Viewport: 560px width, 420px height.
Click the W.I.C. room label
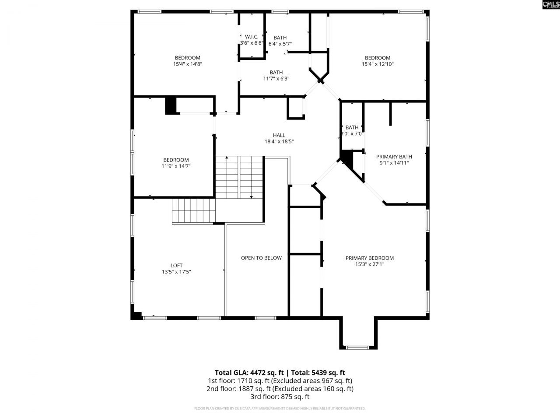click(x=252, y=37)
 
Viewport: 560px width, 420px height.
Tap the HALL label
click(x=279, y=135)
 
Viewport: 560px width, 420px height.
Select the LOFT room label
click(x=176, y=266)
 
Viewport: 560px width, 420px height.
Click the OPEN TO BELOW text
click(x=261, y=258)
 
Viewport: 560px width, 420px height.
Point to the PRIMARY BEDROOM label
click(x=370, y=258)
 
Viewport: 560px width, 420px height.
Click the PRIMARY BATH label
click(x=394, y=157)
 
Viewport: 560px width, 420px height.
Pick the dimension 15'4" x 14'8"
click(x=187, y=64)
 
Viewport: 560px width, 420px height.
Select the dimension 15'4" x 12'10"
click(x=378, y=64)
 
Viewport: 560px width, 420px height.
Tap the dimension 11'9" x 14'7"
click(x=176, y=166)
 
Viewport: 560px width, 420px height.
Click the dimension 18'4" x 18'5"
click(x=279, y=142)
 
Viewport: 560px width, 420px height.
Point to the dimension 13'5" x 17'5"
click(x=176, y=272)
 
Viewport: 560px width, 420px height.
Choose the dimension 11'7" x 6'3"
click(x=276, y=79)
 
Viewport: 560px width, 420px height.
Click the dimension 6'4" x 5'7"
click(x=280, y=44)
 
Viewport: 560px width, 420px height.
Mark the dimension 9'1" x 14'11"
click(x=394, y=163)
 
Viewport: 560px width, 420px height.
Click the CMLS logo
click(x=550, y=5)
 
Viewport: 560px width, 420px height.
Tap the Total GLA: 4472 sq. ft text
click(x=248, y=373)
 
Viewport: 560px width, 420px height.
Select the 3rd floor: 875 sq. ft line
click(x=280, y=397)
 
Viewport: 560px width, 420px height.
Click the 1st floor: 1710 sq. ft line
click(x=280, y=381)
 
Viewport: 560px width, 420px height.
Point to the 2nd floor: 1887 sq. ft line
click(x=280, y=388)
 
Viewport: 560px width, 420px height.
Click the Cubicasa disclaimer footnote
click(x=280, y=409)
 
